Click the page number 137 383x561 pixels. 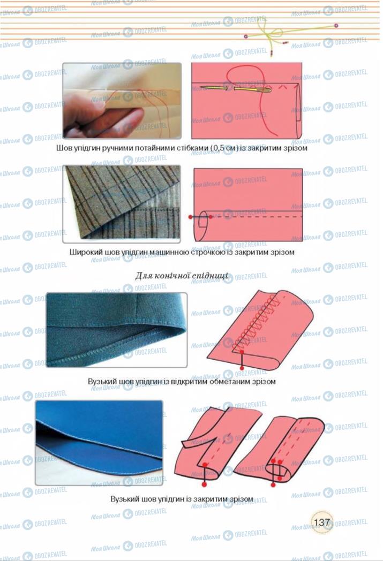321,522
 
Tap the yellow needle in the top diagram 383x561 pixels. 236,88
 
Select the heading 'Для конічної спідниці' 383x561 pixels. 182,276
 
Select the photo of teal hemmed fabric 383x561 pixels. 117,330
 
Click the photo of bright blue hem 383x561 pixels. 99,443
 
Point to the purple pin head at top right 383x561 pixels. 336,25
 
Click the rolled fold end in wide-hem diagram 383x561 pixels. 202,225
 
